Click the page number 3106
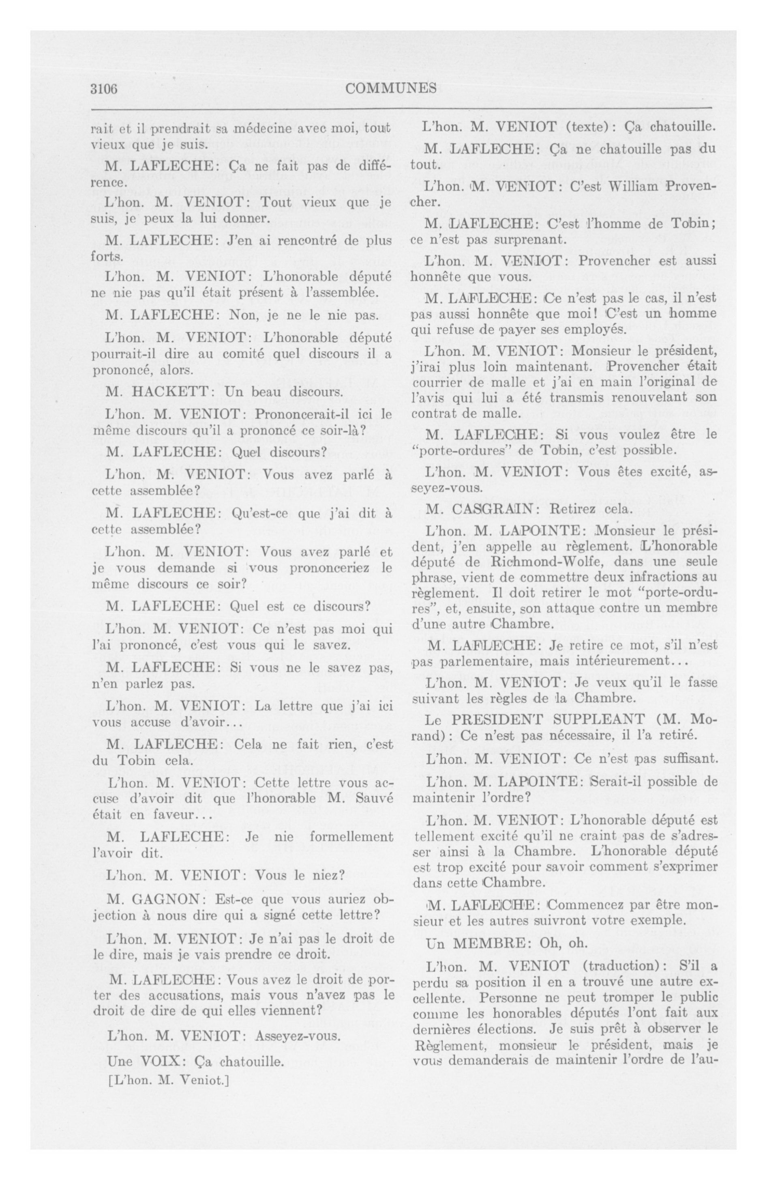(x=103, y=89)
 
